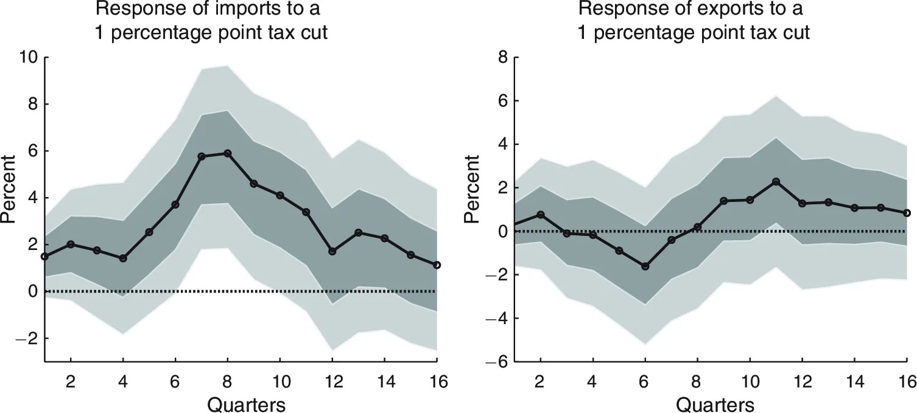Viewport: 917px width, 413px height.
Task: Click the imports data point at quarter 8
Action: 228,153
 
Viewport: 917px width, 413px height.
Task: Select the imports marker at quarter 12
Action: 332,251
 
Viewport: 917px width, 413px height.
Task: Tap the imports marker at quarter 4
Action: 123,259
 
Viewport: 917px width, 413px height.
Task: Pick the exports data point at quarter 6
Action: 645,266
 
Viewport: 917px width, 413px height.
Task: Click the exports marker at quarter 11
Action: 776,181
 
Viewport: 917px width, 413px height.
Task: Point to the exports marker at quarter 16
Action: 907,213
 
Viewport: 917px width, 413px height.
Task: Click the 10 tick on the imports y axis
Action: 27,57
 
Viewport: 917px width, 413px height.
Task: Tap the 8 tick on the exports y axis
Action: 504,57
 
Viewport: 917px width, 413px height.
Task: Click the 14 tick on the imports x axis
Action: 384,381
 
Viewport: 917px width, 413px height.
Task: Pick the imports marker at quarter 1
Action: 44,257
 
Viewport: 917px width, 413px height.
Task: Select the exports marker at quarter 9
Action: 723,201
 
